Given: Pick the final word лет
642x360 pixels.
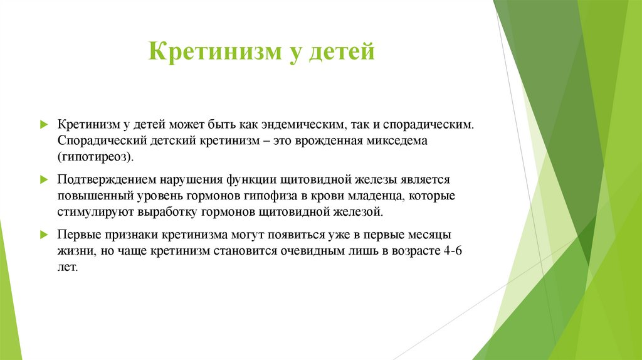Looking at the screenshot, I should click(x=68, y=267).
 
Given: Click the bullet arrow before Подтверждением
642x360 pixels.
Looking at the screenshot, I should click(x=43, y=180).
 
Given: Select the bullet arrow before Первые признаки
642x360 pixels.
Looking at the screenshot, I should click(x=43, y=235).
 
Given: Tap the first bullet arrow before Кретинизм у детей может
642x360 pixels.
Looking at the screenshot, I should click(x=43, y=125).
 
